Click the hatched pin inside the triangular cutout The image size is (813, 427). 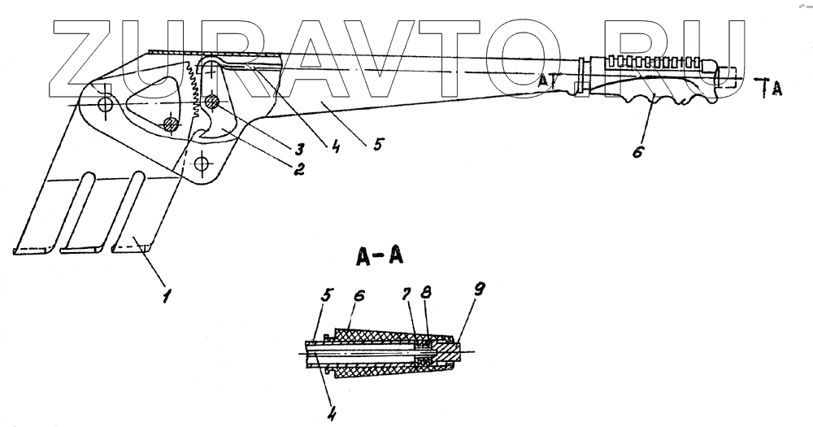(171, 124)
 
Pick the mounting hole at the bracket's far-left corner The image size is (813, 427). (103, 103)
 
